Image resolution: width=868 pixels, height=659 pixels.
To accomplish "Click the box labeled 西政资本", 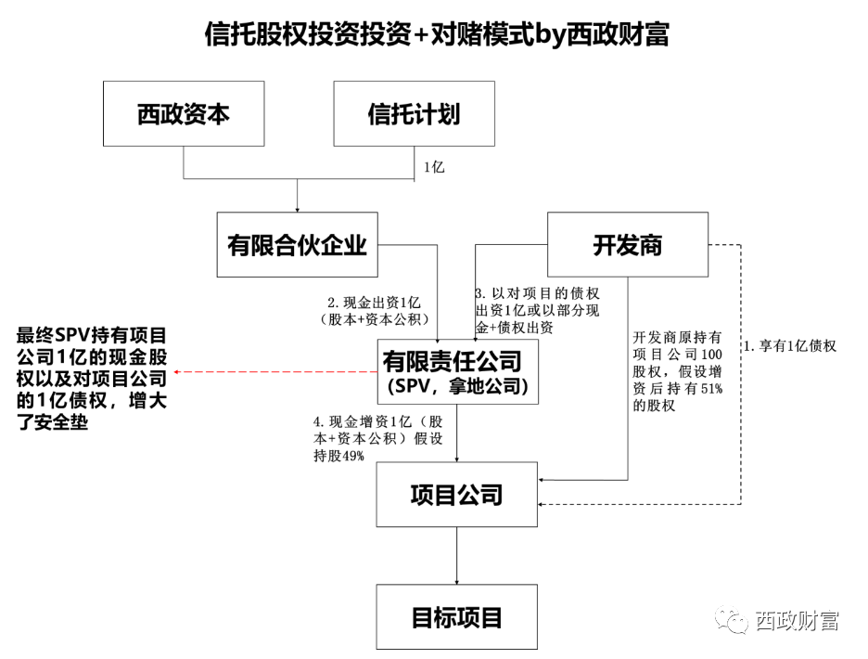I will (184, 114).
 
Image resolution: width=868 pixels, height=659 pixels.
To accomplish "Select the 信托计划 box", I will (414, 114).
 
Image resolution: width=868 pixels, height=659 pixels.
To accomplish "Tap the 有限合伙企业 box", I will (297, 245).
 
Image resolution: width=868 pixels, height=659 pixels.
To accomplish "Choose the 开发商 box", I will (628, 245).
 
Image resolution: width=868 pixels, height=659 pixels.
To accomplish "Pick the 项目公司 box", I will (456, 493).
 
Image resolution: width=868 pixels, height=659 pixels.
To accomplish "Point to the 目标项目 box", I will (456, 617).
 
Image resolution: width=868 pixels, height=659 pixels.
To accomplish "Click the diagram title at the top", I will (436, 34).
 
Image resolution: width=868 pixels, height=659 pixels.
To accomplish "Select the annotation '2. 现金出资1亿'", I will (375, 312).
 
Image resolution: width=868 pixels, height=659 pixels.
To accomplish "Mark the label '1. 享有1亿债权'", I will (791, 346).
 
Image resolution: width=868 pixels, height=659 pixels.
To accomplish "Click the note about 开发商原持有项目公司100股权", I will (677, 371).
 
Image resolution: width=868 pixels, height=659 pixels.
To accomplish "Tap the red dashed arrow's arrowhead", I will (177, 372).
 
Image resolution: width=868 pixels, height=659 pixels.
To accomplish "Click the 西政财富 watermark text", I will (797, 620).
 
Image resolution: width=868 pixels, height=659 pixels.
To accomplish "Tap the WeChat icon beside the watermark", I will (736, 619).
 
